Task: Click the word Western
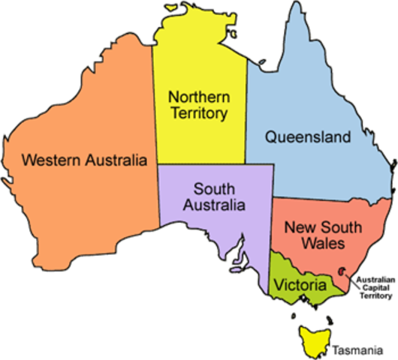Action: pos(50,160)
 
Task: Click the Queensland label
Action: pos(308,137)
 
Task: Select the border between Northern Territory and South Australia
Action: pos(203,164)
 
